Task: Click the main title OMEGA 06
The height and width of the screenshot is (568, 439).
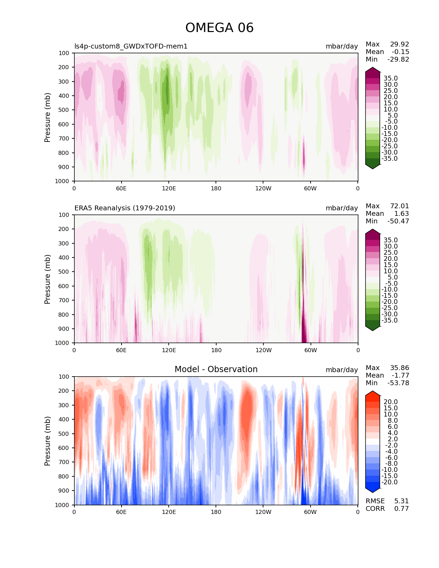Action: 219,28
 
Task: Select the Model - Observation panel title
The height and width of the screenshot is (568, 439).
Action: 216,369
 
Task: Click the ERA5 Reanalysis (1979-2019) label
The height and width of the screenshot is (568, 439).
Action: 125,208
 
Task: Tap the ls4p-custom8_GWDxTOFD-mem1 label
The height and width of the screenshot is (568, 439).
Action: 131,46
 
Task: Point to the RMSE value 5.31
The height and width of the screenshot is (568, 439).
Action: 401,501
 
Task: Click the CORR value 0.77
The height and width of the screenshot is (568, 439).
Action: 401,509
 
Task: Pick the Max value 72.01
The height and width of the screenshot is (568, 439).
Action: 399,206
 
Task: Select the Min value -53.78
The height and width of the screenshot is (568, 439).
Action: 398,383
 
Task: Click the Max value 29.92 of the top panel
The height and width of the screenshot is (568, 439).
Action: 399,44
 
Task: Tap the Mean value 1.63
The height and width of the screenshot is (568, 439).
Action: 401,214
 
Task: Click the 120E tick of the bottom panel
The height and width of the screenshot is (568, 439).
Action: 169,512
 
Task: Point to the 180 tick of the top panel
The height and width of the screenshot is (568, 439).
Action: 216,189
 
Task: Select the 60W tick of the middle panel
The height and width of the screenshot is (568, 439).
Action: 311,350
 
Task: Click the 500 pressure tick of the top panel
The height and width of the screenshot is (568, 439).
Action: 64,110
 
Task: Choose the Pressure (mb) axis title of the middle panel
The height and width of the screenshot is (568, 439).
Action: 48,279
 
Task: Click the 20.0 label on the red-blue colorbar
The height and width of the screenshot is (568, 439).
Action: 390,402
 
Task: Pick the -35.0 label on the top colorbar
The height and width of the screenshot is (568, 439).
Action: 389,159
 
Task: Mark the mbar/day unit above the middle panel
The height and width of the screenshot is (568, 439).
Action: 342,208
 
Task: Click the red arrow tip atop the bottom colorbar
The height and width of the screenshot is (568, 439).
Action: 373,392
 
